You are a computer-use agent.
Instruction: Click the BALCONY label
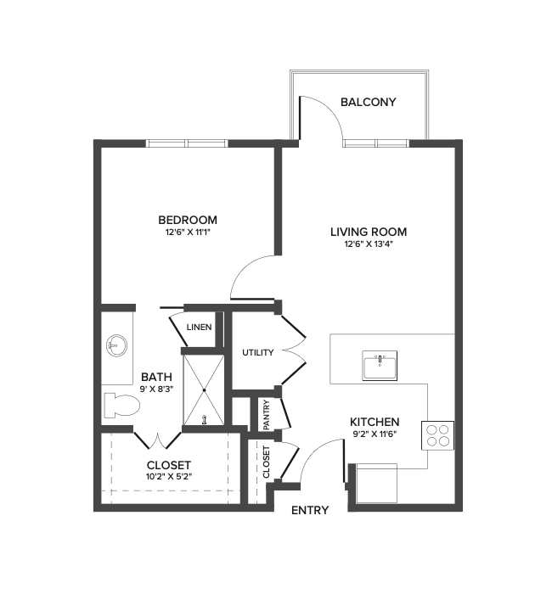tap(369, 103)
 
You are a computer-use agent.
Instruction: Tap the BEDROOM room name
tap(188, 220)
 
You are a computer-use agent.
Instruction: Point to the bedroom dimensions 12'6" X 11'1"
tap(188, 233)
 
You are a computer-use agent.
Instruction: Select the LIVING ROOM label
tap(369, 232)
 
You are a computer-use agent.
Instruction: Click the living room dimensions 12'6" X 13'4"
tap(369, 245)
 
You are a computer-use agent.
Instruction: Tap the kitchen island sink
tap(380, 367)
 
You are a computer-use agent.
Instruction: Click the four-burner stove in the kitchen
tap(439, 434)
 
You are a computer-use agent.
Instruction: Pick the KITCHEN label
tap(375, 422)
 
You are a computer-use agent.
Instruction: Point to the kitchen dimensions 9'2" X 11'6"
tap(375, 434)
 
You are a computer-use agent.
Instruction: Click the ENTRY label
tap(310, 511)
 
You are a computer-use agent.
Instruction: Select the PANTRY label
tap(267, 415)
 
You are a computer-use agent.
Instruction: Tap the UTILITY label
tap(257, 353)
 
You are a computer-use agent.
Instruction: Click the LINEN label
tap(199, 327)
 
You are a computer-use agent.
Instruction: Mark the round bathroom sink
tap(116, 345)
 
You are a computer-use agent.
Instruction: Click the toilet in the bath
tap(118, 406)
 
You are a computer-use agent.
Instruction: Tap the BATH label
tap(156, 377)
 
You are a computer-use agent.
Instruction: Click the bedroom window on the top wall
tap(188, 143)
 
